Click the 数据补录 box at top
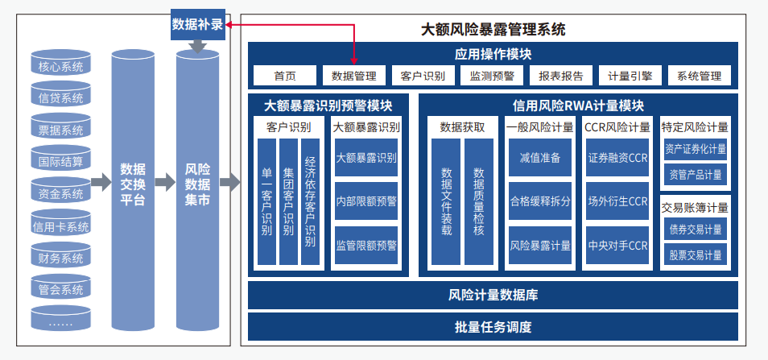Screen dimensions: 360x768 (196, 25)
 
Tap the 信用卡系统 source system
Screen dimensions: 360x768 (60, 226)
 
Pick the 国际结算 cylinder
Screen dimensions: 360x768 (60, 161)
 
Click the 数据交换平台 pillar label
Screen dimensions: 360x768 (132, 184)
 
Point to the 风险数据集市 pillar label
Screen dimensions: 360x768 (197, 184)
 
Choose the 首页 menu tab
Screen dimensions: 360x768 (284, 76)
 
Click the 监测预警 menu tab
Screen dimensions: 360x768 (492, 76)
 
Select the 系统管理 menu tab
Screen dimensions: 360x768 (699, 76)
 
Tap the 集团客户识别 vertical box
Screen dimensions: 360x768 (288, 202)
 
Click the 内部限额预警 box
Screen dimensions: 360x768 (366, 201)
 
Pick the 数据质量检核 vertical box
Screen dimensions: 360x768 (478, 202)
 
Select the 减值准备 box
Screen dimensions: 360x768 (539, 157)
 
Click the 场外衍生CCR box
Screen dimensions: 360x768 (617, 201)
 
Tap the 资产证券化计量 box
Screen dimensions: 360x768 (696, 149)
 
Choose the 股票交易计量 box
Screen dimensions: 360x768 (696, 255)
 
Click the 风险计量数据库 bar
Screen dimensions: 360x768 (493, 295)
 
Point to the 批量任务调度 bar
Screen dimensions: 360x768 (493, 327)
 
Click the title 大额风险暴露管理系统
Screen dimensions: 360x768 (493, 30)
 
